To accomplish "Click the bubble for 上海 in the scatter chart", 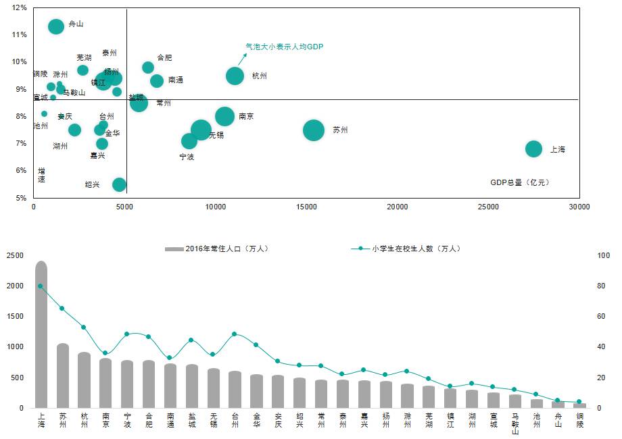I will (533, 149).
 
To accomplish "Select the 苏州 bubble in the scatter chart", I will (313, 130).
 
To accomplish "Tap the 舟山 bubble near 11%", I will (56, 26).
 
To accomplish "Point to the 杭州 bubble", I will (235, 76).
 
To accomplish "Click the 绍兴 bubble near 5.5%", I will (119, 184).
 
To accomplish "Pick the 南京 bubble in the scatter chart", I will (224, 116).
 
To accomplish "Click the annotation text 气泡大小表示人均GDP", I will (284, 47).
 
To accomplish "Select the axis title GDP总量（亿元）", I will (520, 182).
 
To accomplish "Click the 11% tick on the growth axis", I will (20, 34).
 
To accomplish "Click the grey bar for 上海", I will (41, 335).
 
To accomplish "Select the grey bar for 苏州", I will (63, 376).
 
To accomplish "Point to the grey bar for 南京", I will (105, 383).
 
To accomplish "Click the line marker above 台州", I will (234, 334).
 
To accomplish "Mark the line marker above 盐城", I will (191, 340).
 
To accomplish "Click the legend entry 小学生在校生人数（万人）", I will (412, 249).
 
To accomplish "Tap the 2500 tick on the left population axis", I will (15, 255).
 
